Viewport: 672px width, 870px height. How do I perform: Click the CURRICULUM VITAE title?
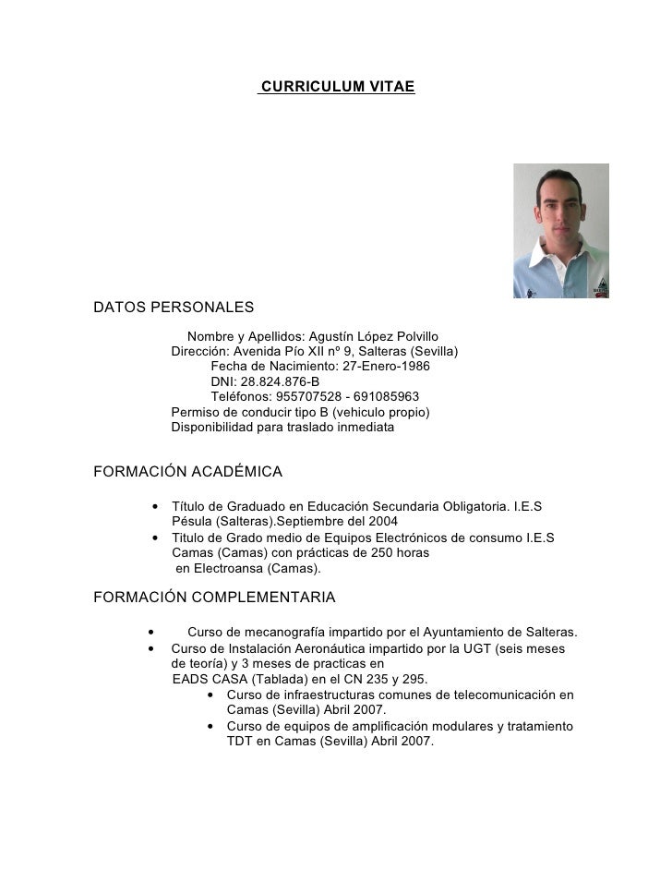338,87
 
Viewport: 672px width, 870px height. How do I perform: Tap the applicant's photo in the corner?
561,231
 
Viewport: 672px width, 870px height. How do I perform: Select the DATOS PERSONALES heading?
174,307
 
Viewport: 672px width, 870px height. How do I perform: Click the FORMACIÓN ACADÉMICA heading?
188,473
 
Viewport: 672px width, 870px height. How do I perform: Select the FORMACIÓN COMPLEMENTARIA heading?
215,598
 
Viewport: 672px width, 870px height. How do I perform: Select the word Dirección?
199,351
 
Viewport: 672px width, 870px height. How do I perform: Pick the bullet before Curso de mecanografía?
150,633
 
